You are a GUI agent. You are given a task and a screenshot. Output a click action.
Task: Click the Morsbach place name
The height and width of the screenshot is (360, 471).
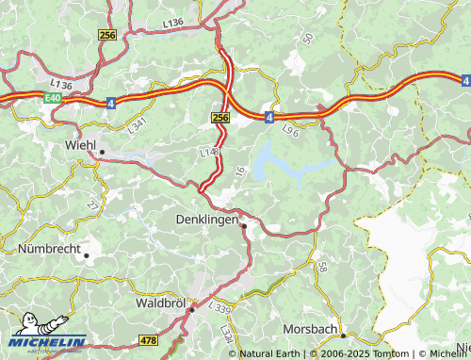pyautogui.click(x=310, y=329)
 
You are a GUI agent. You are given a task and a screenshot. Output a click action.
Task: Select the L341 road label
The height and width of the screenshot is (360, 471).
pyautogui.click(x=138, y=123)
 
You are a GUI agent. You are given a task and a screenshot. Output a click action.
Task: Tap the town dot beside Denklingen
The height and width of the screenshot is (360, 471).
pyautogui.click(x=243, y=226)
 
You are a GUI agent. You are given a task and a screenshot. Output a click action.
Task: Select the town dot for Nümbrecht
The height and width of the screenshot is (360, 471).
pyautogui.click(x=87, y=254)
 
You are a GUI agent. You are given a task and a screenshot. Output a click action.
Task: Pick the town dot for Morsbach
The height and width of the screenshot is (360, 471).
pyautogui.click(x=345, y=335)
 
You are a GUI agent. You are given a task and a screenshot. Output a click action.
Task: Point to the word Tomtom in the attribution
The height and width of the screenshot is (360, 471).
pyautogui.click(x=382, y=354)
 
